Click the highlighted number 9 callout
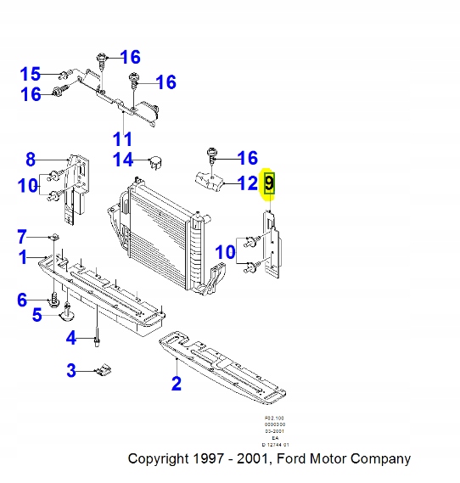269,183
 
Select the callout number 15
30,73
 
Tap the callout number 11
123,138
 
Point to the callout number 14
124,160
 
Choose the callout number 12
247,182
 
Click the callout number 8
30,159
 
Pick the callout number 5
36,316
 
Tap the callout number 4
71,339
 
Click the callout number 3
71,370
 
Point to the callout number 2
176,384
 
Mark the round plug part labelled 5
67,317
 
